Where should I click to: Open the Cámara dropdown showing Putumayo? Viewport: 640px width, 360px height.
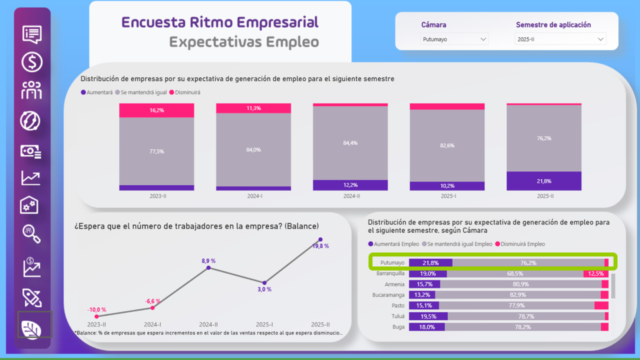coord(454,39)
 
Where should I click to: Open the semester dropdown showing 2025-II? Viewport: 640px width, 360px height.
coord(561,39)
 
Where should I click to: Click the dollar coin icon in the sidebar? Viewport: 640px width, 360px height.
coord(32,62)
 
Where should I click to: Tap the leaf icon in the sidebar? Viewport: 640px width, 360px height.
coord(32,327)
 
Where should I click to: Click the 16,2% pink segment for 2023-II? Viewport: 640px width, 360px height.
coord(156,110)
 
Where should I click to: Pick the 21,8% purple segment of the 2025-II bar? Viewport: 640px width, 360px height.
coord(544,181)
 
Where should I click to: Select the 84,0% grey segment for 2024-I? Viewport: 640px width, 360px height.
coord(253,150)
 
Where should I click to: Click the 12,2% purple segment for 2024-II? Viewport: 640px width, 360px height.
coord(350,185)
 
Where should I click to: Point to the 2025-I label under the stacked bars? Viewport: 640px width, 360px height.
coord(447,196)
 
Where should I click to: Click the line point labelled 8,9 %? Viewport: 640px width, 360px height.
coord(209,268)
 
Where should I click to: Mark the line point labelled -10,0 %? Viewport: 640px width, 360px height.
coord(96,316)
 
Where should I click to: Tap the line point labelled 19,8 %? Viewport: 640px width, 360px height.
coord(321,239)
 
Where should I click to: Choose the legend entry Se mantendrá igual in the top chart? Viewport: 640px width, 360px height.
coord(141,92)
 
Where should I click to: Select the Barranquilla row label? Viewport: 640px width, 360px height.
coord(391,274)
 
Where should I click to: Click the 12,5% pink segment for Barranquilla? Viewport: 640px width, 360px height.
coord(596,274)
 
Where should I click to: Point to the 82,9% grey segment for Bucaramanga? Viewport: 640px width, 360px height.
coord(517,295)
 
